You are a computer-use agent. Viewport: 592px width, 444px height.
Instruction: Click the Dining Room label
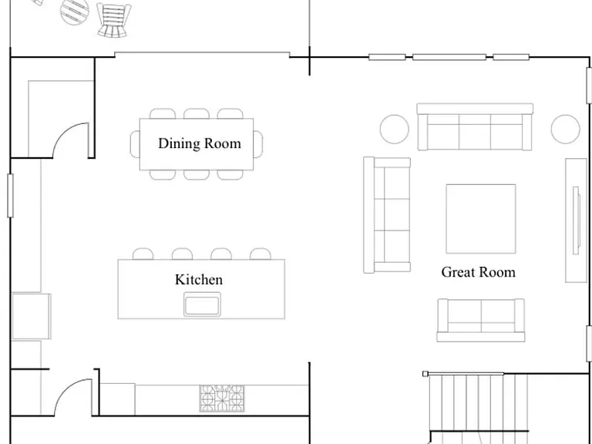coord(200,143)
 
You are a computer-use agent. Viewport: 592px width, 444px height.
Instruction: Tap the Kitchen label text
coord(199,280)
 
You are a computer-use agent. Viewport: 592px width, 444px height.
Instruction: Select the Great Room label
coord(479,272)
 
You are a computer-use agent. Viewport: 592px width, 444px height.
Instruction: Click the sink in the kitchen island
coord(203,304)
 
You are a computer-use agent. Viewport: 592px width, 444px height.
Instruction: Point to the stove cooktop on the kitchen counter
coord(222,399)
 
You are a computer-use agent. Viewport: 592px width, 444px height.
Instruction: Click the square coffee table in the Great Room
coord(481,219)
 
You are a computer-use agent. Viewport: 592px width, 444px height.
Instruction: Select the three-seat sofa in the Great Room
coord(475,127)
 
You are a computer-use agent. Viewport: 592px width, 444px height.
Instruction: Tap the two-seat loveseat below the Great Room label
coord(481,320)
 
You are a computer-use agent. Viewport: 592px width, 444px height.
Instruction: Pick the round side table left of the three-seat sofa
coord(394,129)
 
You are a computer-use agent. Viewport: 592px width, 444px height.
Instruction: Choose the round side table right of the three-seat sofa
coord(565,129)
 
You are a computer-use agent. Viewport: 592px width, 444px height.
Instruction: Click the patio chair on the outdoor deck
coord(113,20)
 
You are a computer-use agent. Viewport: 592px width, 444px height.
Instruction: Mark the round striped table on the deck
coord(75,11)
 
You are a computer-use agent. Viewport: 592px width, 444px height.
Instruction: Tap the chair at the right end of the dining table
coord(258,144)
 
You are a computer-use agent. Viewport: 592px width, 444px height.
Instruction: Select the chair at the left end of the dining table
coord(135,144)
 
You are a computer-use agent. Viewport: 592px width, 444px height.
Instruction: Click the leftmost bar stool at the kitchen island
coord(143,254)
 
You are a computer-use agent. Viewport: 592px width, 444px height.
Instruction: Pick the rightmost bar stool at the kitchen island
coord(260,254)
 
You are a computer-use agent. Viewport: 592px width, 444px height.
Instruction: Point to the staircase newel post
coord(425,374)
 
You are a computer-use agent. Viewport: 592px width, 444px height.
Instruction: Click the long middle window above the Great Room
coord(449,57)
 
